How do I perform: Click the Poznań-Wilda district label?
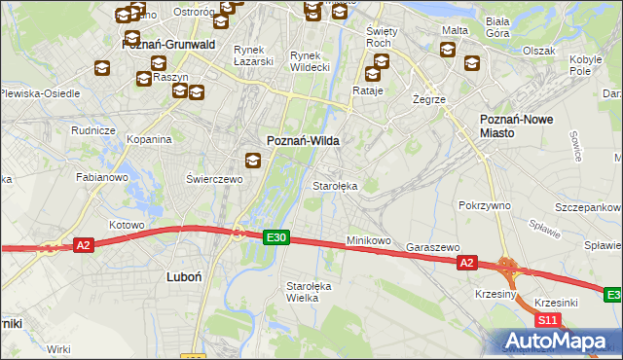tap(304, 140)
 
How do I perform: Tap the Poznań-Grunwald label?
tap(167, 45)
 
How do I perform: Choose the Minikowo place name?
tap(368, 240)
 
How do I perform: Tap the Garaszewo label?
tap(432, 247)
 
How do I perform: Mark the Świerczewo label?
tap(213, 179)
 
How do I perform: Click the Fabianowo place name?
tap(102, 178)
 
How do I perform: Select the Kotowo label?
tap(127, 225)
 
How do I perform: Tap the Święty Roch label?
tap(378, 37)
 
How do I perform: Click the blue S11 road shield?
tap(548, 319)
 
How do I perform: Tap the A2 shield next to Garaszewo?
tap(467, 262)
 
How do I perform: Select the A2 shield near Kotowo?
tap(84, 245)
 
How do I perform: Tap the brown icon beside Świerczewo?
tap(252, 162)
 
